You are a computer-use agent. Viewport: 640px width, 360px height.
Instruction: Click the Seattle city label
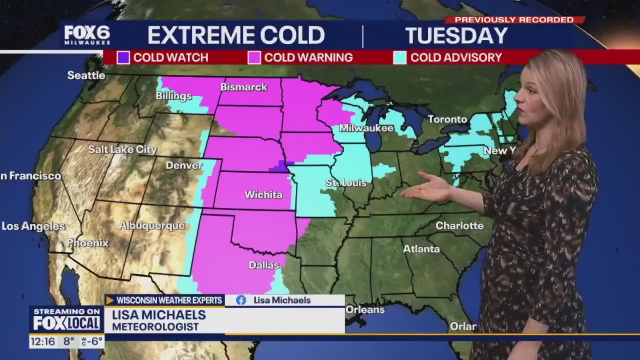point(86,75)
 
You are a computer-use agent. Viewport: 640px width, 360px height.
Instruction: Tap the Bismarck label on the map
point(244,87)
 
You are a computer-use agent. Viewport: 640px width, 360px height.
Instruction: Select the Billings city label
point(174,96)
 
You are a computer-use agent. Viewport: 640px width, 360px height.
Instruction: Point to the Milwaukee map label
point(366,128)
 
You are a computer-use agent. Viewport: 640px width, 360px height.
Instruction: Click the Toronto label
point(447,119)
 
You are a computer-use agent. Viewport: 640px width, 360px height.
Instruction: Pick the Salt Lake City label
point(122,150)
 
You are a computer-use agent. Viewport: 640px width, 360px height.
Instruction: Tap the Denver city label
point(184,166)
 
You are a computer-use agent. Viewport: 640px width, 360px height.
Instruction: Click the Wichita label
point(263,195)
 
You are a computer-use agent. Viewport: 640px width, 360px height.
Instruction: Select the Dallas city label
point(263,265)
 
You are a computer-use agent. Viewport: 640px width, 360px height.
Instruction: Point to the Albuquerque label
point(152,226)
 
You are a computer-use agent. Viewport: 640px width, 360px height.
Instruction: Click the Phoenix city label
point(88,243)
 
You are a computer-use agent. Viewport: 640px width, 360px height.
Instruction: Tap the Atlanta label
point(421,249)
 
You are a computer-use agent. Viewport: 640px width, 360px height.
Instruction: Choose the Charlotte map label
point(459,226)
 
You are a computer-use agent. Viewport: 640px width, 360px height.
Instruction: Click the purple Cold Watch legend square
point(123,57)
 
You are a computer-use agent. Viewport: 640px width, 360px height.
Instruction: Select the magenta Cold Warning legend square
point(254,57)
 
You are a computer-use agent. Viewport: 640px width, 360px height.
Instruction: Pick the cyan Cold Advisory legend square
point(400,57)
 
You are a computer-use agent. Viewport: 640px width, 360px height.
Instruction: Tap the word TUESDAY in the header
point(457,36)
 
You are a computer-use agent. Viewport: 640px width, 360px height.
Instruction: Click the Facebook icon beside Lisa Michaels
point(241,300)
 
